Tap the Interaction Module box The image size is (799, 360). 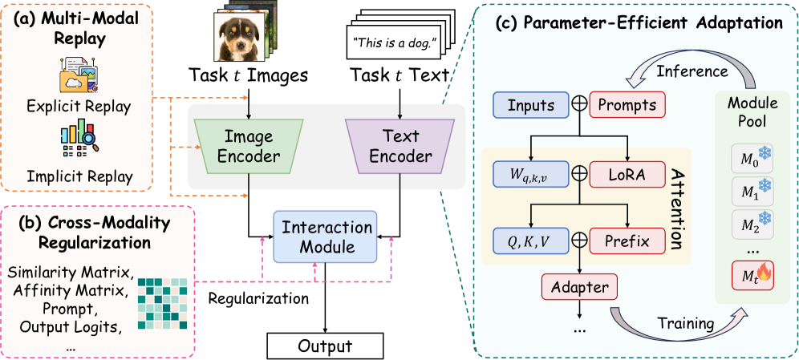pyautogui.click(x=324, y=237)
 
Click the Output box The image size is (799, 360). pyautogui.click(x=325, y=346)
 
